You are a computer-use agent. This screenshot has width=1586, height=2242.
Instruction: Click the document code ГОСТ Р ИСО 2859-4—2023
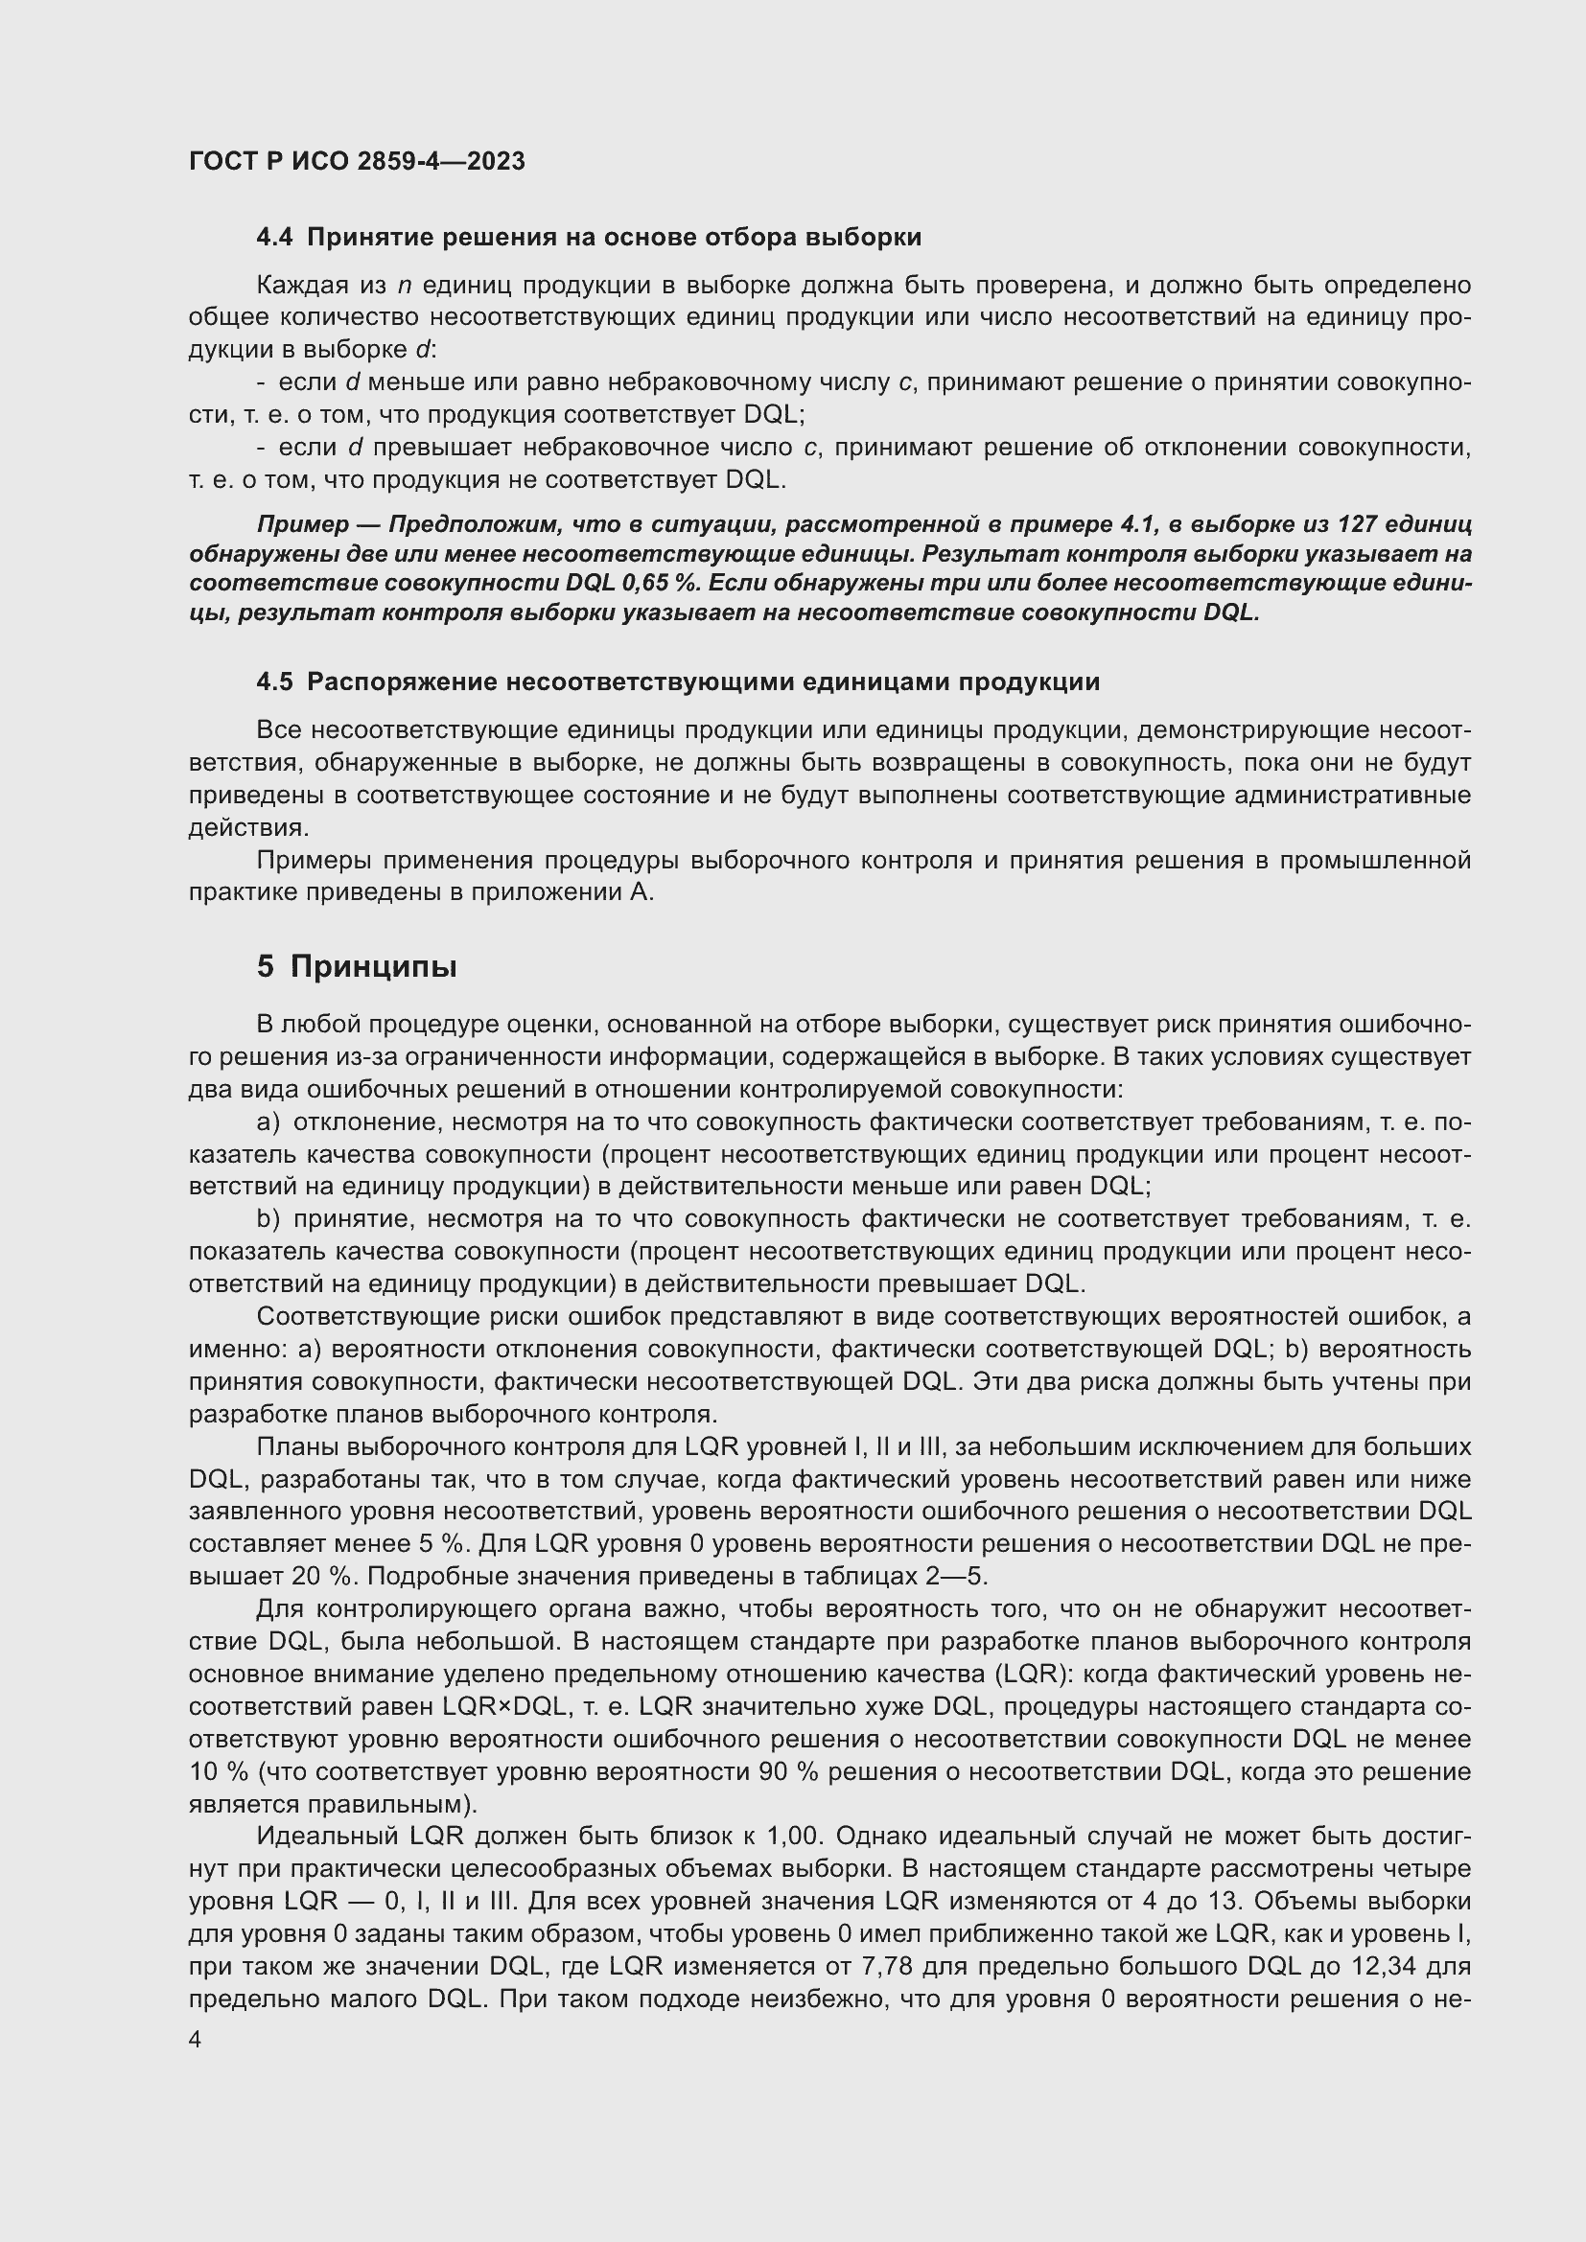tap(357, 161)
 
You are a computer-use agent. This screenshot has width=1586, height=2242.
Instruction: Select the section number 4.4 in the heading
tap(274, 238)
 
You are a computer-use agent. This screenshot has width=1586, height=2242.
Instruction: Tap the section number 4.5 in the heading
tap(274, 682)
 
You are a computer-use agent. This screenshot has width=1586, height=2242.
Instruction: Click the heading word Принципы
tap(373, 967)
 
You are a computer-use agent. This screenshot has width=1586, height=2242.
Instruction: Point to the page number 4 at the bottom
tap(196, 2040)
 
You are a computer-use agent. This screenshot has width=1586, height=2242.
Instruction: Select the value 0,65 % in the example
tap(658, 583)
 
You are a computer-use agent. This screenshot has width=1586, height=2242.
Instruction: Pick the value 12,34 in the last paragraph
tap(1384, 1965)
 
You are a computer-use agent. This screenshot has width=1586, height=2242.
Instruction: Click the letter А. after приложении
tap(642, 892)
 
